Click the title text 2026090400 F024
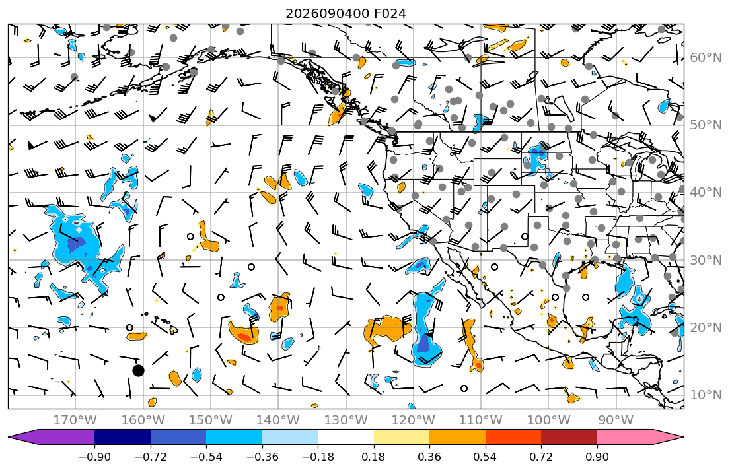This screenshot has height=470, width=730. click(x=346, y=13)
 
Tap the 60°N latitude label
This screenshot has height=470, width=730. click(x=706, y=57)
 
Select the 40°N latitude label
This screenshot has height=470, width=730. click(x=706, y=192)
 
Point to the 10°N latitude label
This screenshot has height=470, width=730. click(x=706, y=395)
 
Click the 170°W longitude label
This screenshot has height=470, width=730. click(x=75, y=420)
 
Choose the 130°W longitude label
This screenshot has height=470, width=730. click(x=346, y=420)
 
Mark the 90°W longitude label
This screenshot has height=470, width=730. click(x=616, y=420)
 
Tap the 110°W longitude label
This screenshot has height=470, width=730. click(x=481, y=420)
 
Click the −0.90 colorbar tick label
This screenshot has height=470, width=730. click(x=94, y=457)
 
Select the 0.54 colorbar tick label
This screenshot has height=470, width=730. click(x=485, y=457)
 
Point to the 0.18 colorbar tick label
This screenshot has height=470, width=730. click(x=373, y=457)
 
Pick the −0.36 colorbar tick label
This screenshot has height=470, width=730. click(x=262, y=457)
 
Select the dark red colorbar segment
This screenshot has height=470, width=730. click(x=569, y=437)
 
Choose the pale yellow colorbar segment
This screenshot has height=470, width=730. click(x=401, y=437)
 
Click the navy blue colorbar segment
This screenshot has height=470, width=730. click(x=122, y=437)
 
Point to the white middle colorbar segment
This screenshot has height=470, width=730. click(x=346, y=437)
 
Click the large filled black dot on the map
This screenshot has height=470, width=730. click(x=138, y=370)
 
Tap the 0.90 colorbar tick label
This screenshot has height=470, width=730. click(x=597, y=457)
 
